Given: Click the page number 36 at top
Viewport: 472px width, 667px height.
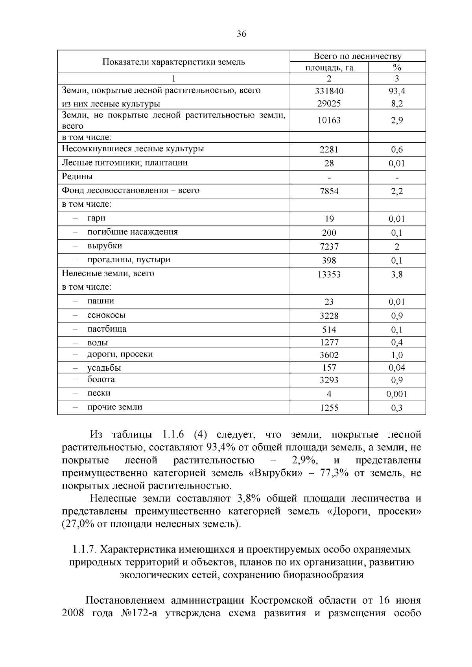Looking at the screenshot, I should pyautogui.click(x=242, y=34).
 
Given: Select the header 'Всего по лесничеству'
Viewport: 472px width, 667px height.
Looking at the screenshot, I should pyautogui.click(x=357, y=56).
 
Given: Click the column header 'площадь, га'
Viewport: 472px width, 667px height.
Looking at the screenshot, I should pyautogui.click(x=329, y=68).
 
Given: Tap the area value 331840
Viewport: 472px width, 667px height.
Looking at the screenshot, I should pyautogui.click(x=329, y=91).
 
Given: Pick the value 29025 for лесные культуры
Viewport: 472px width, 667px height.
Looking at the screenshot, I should pyautogui.click(x=329, y=104).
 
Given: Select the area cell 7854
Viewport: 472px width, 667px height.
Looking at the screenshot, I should pyautogui.click(x=329, y=191).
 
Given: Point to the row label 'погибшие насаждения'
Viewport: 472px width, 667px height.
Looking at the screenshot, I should pyautogui.click(x=133, y=232).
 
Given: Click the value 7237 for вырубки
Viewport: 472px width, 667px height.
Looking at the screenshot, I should pyautogui.click(x=329, y=247).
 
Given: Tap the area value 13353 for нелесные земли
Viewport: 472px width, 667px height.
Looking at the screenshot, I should pyautogui.click(x=329, y=274).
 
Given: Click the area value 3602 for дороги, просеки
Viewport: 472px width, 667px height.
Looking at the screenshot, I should pyautogui.click(x=329, y=355).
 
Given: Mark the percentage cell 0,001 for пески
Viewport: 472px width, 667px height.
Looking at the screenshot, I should pyautogui.click(x=396, y=394).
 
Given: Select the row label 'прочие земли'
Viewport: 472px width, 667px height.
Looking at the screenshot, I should pyautogui.click(x=115, y=407).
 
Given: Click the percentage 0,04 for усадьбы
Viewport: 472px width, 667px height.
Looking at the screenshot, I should pyautogui.click(x=396, y=367).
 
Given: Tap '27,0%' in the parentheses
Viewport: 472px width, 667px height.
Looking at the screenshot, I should pyautogui.click(x=77, y=524).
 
